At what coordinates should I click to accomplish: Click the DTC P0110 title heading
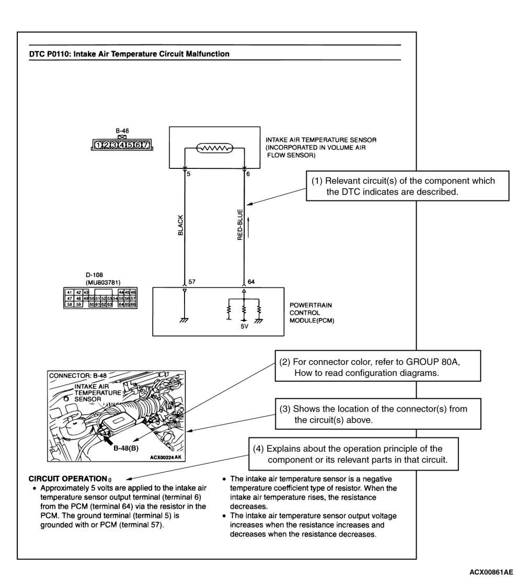(129, 54)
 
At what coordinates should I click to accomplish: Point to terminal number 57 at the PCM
(192, 281)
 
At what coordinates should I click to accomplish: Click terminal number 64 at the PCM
(251, 281)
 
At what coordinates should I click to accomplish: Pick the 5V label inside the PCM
(244, 326)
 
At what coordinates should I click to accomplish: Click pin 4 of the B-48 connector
(122, 145)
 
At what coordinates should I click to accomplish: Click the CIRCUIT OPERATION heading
(67, 479)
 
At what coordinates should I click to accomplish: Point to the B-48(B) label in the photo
(126, 448)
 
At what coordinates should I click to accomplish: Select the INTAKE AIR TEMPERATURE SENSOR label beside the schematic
(321, 147)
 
